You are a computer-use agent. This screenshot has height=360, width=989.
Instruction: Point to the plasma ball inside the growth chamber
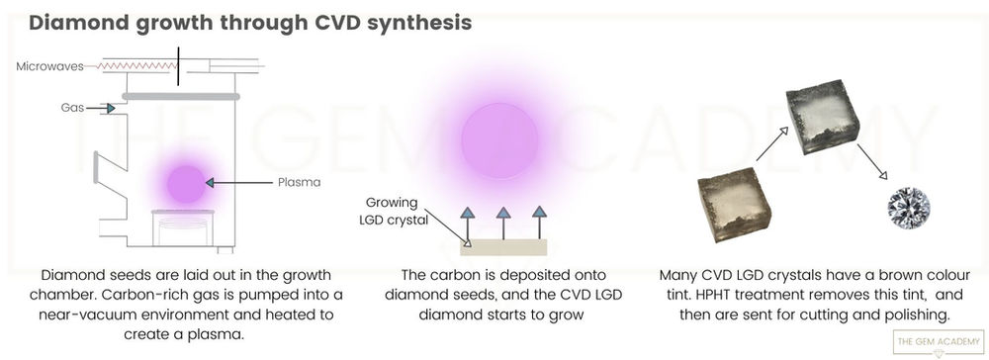183,182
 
